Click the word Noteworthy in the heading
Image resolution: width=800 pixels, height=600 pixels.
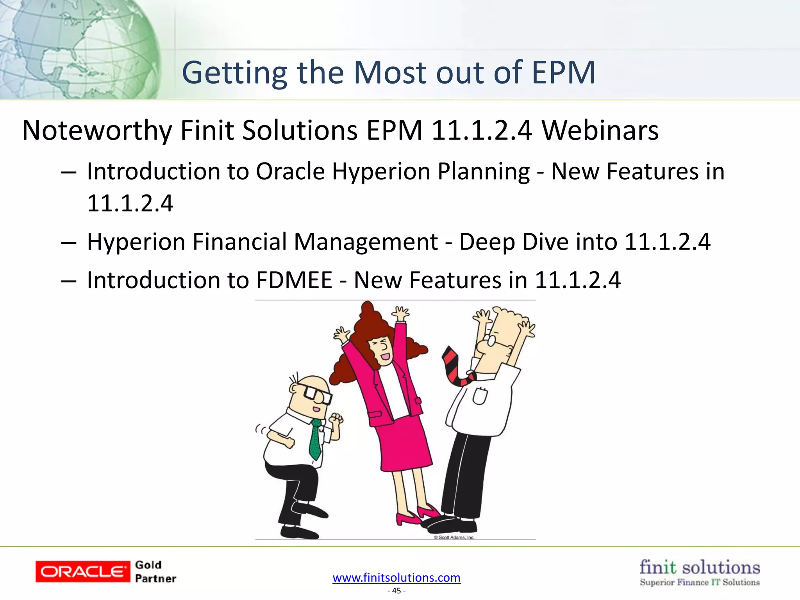click(97, 130)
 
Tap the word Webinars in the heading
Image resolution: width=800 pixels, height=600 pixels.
click(600, 130)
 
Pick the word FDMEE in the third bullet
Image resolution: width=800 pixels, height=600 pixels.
click(294, 280)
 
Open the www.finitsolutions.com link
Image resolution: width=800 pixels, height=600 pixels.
click(396, 577)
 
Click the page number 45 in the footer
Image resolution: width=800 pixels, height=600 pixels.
click(396, 591)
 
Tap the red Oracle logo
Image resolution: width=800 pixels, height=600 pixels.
click(82, 571)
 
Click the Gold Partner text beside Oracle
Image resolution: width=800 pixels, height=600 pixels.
click(155, 571)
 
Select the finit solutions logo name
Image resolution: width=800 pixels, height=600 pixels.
click(700, 567)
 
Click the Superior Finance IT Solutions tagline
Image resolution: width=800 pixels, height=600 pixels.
click(700, 582)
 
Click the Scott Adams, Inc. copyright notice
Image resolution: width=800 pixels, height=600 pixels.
click(454, 537)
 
